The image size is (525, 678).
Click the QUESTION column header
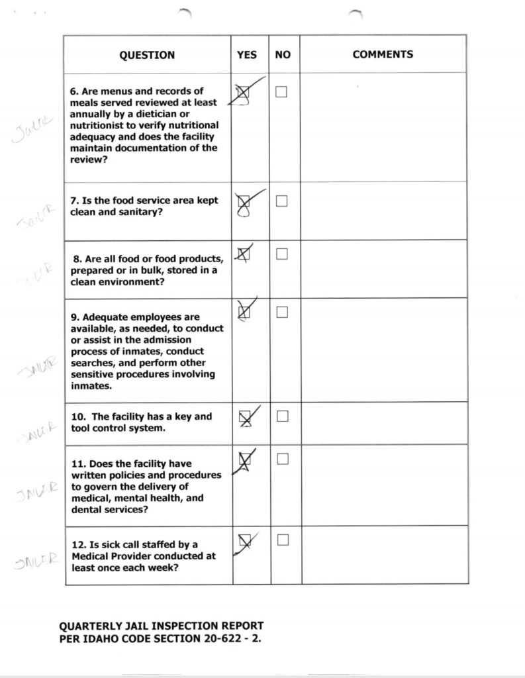pos(147,55)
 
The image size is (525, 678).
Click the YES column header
pos(246,55)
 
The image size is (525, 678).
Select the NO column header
pos(283,55)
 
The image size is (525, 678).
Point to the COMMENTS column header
pos(383,55)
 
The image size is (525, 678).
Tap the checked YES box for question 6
pos(243,93)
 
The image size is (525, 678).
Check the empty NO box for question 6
pos(281,92)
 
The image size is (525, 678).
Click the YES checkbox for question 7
pos(244,201)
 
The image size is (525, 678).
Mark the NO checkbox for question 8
pos(281,254)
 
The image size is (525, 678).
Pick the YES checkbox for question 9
pos(244,311)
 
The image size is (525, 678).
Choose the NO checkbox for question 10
pos(282,416)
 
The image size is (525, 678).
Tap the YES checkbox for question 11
pos(245,459)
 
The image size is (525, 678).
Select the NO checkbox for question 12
pos(283,540)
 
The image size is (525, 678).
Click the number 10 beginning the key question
pos(77,417)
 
